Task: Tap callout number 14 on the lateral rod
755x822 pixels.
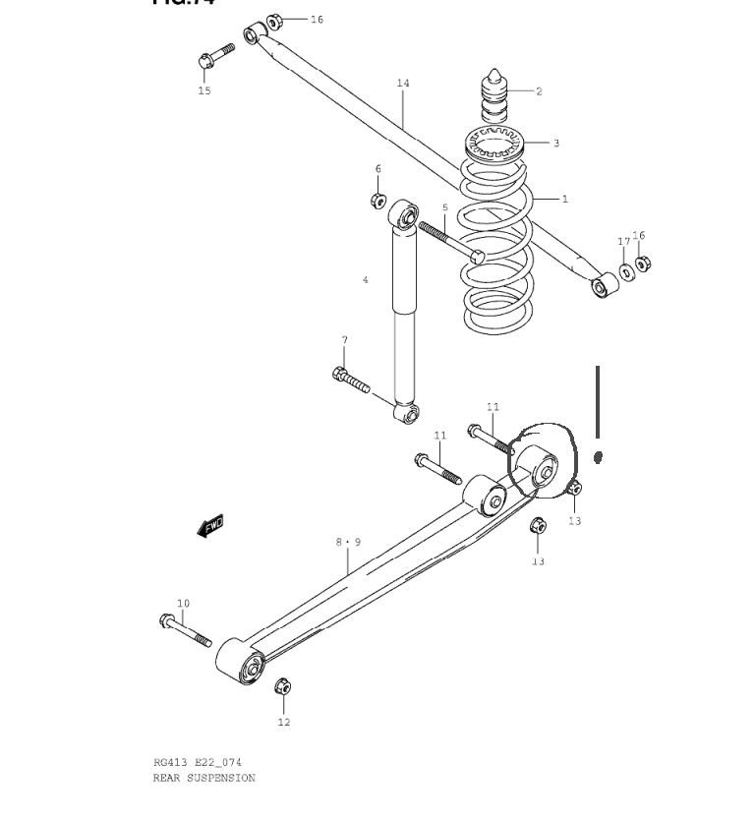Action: click(403, 84)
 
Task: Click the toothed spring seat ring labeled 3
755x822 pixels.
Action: click(497, 145)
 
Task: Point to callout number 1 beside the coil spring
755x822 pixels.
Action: click(565, 199)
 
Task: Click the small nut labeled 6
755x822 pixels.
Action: click(377, 201)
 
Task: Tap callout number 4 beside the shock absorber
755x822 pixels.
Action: click(366, 280)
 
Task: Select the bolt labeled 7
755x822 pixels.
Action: click(352, 380)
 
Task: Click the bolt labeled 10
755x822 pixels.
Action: click(185, 630)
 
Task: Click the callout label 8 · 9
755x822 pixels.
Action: click(348, 542)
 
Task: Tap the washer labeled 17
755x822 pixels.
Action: click(626, 270)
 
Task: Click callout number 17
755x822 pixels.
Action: click(623, 241)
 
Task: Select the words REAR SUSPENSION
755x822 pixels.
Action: click(203, 778)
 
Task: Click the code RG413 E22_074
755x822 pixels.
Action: click(198, 762)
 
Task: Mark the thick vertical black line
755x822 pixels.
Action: click(597, 402)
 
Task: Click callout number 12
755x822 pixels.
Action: click(283, 723)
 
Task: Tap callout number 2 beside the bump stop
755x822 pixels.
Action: click(539, 91)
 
